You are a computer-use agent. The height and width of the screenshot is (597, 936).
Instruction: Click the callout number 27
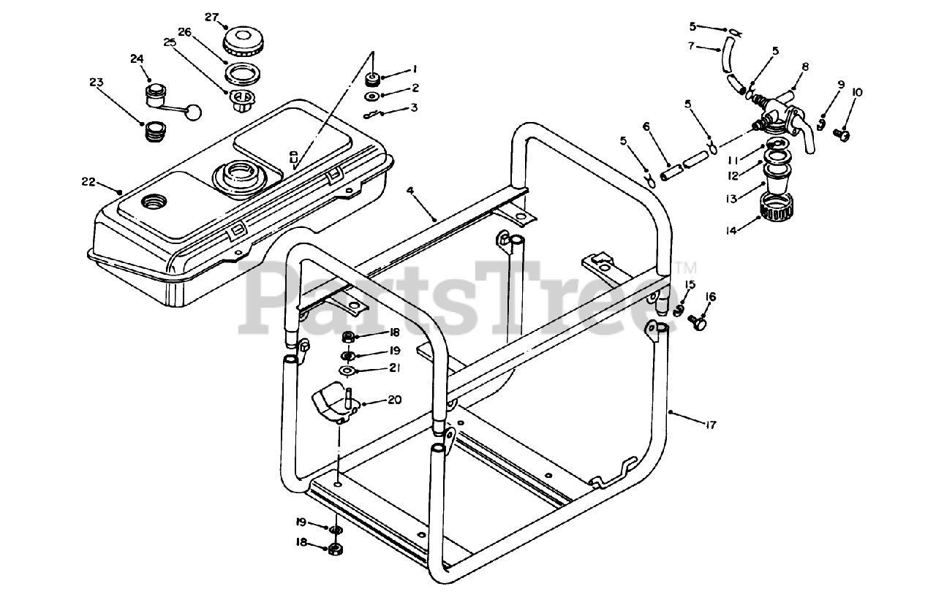tap(211, 17)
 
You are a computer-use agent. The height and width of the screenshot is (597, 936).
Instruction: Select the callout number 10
tap(857, 92)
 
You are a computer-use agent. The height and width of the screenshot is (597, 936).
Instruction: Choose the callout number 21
tap(394, 368)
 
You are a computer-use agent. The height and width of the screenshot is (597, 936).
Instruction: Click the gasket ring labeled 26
tap(241, 74)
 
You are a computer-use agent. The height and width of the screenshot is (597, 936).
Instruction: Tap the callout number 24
tap(137, 58)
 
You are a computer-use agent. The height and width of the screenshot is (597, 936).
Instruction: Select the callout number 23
tap(97, 83)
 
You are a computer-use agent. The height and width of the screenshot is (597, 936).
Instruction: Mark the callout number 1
tap(414, 69)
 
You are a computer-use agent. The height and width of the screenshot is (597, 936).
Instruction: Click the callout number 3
tap(414, 108)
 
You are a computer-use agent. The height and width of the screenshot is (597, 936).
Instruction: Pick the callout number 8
tap(805, 66)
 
